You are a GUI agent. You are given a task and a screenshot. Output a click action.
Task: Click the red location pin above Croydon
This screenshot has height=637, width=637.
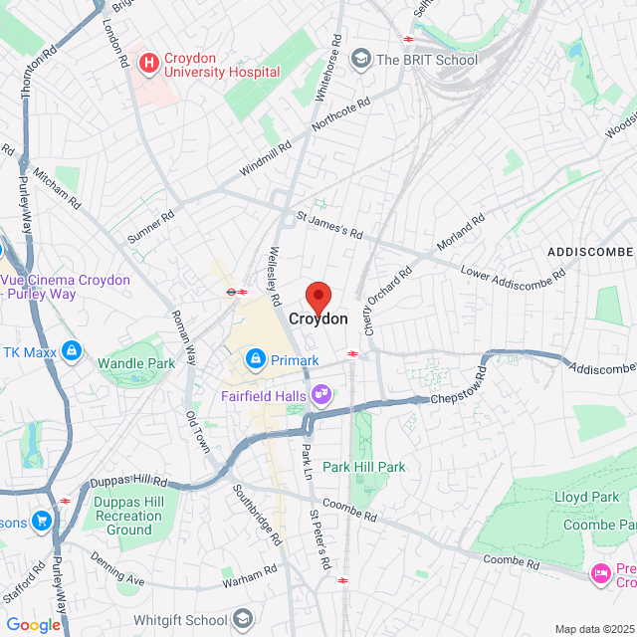(318, 297)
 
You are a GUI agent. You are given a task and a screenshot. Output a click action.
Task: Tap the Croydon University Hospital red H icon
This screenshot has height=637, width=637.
(149, 64)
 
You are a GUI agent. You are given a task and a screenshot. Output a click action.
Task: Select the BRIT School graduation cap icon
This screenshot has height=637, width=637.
(360, 59)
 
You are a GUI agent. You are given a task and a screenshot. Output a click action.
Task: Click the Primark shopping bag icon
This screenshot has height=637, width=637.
(256, 358)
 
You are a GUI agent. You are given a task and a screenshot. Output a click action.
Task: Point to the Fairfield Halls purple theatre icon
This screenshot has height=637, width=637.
(321, 394)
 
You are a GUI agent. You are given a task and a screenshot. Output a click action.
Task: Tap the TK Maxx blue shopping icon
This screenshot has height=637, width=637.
(71, 350)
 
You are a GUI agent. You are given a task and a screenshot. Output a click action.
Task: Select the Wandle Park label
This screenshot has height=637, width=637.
(136, 363)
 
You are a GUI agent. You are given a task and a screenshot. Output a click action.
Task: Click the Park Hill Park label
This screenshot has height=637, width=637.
(364, 467)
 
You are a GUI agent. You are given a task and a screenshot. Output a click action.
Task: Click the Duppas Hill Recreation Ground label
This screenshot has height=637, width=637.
(128, 516)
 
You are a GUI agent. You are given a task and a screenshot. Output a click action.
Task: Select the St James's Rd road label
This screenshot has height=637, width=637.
(329, 225)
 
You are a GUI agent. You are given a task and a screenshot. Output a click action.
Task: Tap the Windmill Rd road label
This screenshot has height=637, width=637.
(271, 159)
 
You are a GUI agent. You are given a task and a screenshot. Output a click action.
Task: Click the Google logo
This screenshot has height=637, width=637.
(33, 624)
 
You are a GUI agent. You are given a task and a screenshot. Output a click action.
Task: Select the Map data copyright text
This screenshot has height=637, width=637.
(593, 629)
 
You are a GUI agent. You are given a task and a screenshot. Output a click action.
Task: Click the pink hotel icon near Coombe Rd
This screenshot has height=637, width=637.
(600, 572)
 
